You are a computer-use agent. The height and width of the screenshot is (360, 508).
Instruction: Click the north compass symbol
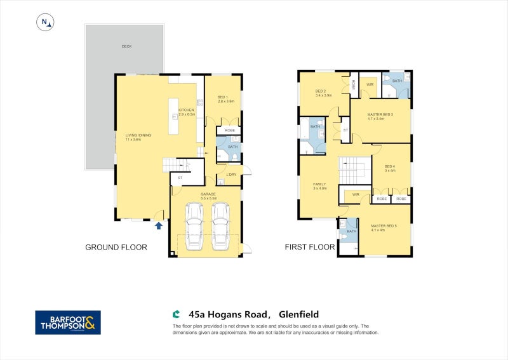click(x=45, y=22)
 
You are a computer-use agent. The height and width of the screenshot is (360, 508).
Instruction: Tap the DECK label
click(x=126, y=46)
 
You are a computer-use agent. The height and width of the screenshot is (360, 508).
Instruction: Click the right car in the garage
click(x=220, y=227)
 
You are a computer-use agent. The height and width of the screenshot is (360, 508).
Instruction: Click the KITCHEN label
click(x=186, y=111)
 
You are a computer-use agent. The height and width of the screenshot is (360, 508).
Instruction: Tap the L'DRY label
click(x=231, y=175)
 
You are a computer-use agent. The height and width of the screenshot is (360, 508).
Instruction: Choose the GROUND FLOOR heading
click(x=116, y=248)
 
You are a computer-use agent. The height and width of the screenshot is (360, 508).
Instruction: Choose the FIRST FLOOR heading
click(x=311, y=248)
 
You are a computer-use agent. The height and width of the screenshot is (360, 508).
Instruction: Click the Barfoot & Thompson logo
click(x=67, y=322)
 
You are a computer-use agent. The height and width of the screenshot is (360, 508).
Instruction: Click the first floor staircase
click(x=354, y=170)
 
